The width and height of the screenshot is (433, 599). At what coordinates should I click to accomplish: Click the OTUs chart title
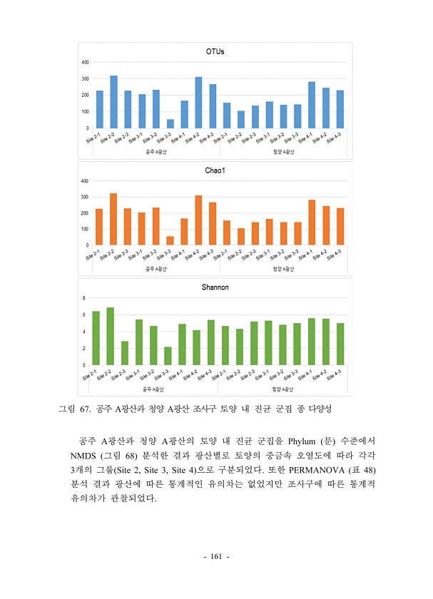[x=215, y=51]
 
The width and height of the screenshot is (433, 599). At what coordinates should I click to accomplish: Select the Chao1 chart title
[x=215, y=170]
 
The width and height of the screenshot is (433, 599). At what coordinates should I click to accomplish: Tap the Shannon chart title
[x=215, y=287]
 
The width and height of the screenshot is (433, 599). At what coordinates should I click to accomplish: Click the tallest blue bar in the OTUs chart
[x=113, y=102]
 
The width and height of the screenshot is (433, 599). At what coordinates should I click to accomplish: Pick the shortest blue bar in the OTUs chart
[x=170, y=123]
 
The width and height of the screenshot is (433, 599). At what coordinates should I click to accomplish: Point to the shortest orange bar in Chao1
[x=170, y=240]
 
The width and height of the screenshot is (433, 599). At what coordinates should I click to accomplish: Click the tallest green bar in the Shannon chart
[x=110, y=336]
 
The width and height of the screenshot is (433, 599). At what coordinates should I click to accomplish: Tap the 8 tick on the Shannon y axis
[x=84, y=297]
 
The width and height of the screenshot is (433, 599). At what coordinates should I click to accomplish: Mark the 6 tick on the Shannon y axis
[x=84, y=314]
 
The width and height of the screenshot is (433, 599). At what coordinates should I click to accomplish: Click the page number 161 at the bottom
[x=216, y=556]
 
